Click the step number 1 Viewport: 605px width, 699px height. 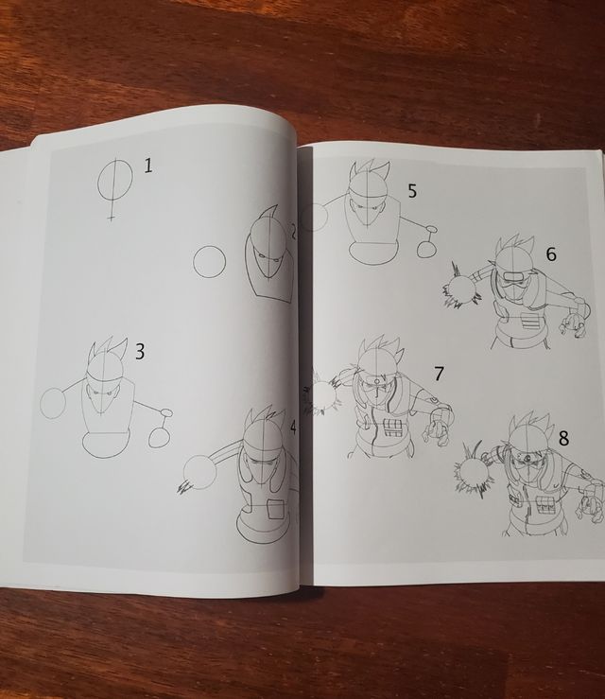(x=148, y=166)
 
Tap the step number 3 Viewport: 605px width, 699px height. (x=140, y=353)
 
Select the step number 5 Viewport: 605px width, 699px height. (x=412, y=190)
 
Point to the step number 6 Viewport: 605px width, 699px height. (x=551, y=253)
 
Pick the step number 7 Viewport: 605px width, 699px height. (x=439, y=373)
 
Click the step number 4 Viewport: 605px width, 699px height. (x=293, y=428)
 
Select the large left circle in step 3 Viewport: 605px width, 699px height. (x=53, y=403)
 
